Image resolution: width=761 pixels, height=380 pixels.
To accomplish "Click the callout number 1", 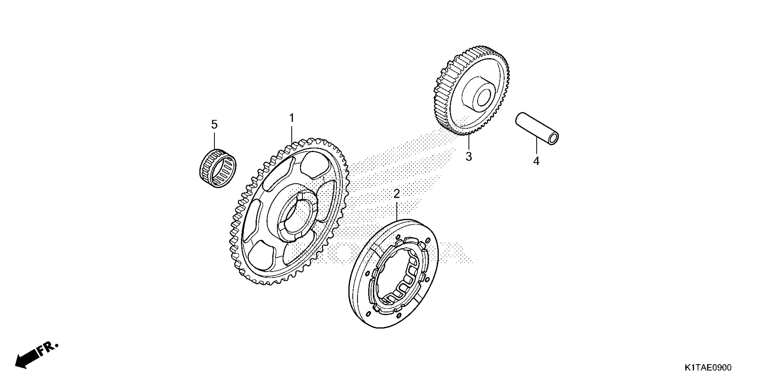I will coord(292,118).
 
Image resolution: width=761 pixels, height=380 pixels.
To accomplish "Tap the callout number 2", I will coord(396,194).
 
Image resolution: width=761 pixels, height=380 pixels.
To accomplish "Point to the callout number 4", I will coord(536,161).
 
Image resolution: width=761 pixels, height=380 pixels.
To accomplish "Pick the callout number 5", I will coord(214,125).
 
